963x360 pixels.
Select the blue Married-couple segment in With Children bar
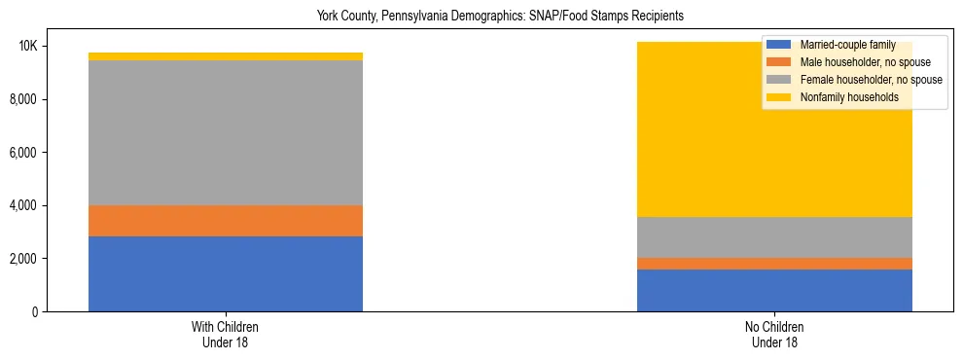click(226, 273)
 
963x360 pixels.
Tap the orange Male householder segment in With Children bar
click(226, 221)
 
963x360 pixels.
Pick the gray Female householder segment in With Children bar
click(226, 132)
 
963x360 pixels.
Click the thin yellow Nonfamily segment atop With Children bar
click(226, 56)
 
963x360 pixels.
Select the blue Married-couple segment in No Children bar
click(774, 290)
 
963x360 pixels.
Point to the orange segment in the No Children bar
click(774, 264)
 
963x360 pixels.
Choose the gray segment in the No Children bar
click(774, 237)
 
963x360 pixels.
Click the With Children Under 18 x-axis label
click(226, 334)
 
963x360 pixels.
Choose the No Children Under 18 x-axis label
click(774, 334)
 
